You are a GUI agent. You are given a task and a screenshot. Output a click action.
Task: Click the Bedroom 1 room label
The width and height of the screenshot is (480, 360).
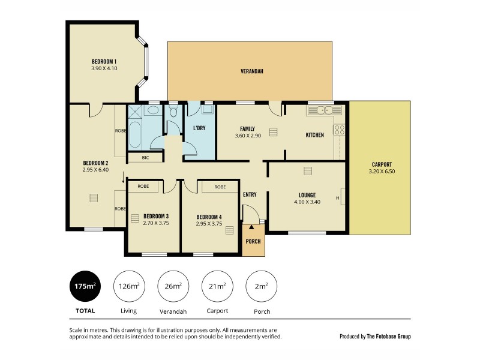coord(104,61)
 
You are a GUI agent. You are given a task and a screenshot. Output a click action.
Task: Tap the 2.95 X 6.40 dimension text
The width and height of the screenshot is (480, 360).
coord(95,169)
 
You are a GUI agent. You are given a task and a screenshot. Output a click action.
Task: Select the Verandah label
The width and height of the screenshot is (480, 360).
coord(252,71)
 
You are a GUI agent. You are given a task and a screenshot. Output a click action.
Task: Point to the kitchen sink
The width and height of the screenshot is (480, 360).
coord(324,110)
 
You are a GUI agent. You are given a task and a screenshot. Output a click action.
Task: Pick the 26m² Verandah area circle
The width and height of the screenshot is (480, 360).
coord(173,286)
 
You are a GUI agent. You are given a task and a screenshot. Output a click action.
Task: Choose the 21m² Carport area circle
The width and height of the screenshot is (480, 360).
coord(217,286)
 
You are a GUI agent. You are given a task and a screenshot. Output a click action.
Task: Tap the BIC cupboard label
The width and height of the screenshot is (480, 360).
coord(145,158)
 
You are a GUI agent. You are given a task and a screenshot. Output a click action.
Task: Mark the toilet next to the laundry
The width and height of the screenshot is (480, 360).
coord(174,112)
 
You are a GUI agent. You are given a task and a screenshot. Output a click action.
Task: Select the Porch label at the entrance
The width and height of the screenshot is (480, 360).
coord(253,242)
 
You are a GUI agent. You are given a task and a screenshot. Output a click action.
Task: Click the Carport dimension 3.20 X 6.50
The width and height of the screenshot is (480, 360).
coord(382,172)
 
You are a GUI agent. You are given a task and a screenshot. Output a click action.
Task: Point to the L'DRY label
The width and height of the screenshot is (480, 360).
coord(200,128)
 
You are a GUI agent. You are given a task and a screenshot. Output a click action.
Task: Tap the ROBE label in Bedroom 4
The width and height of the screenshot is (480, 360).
coord(220,187)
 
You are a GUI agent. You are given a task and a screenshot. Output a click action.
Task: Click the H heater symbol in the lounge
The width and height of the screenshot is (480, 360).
coord(338,198)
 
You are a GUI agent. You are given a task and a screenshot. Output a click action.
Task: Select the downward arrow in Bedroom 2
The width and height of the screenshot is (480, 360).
coord(124,177)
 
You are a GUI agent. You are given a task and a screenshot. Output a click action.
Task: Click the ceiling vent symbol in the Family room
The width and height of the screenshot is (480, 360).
coord(274,133)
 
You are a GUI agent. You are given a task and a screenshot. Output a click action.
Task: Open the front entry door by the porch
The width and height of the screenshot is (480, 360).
coord(250,214)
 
